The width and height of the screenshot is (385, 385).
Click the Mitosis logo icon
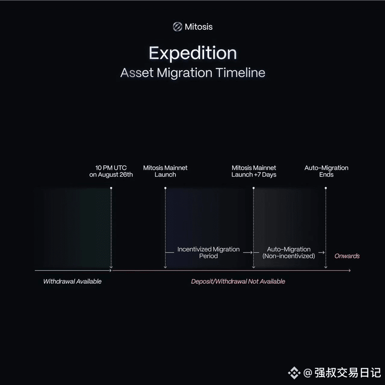coord(177,27)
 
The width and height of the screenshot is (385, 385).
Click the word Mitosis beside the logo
coord(199,27)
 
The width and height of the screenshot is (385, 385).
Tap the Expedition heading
coord(193,53)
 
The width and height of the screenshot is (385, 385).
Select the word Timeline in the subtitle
coord(240,73)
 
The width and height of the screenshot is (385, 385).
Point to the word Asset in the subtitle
coord(137,73)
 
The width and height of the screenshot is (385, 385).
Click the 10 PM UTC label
coord(111,168)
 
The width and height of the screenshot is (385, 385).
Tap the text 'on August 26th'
coord(111,174)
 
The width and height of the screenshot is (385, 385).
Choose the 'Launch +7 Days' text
coord(254,174)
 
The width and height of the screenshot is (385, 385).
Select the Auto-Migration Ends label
coord(326,171)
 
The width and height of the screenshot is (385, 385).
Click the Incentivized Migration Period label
coord(208,252)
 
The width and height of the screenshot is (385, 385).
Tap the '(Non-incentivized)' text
coord(289,256)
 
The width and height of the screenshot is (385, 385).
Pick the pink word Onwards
coord(347,256)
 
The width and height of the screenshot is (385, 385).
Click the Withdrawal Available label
coord(73,281)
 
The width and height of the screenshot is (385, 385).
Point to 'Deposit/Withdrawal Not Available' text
coord(238,281)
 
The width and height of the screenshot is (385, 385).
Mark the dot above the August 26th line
coord(111,188)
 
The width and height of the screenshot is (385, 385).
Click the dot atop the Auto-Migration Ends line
coord(326,188)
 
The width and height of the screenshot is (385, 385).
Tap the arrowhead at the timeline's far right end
coord(349,270)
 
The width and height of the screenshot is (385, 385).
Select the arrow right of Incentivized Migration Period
coord(248,252)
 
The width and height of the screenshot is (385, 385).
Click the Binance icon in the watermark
coord(294,373)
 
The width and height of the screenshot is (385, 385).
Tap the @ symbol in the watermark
coord(308,373)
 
